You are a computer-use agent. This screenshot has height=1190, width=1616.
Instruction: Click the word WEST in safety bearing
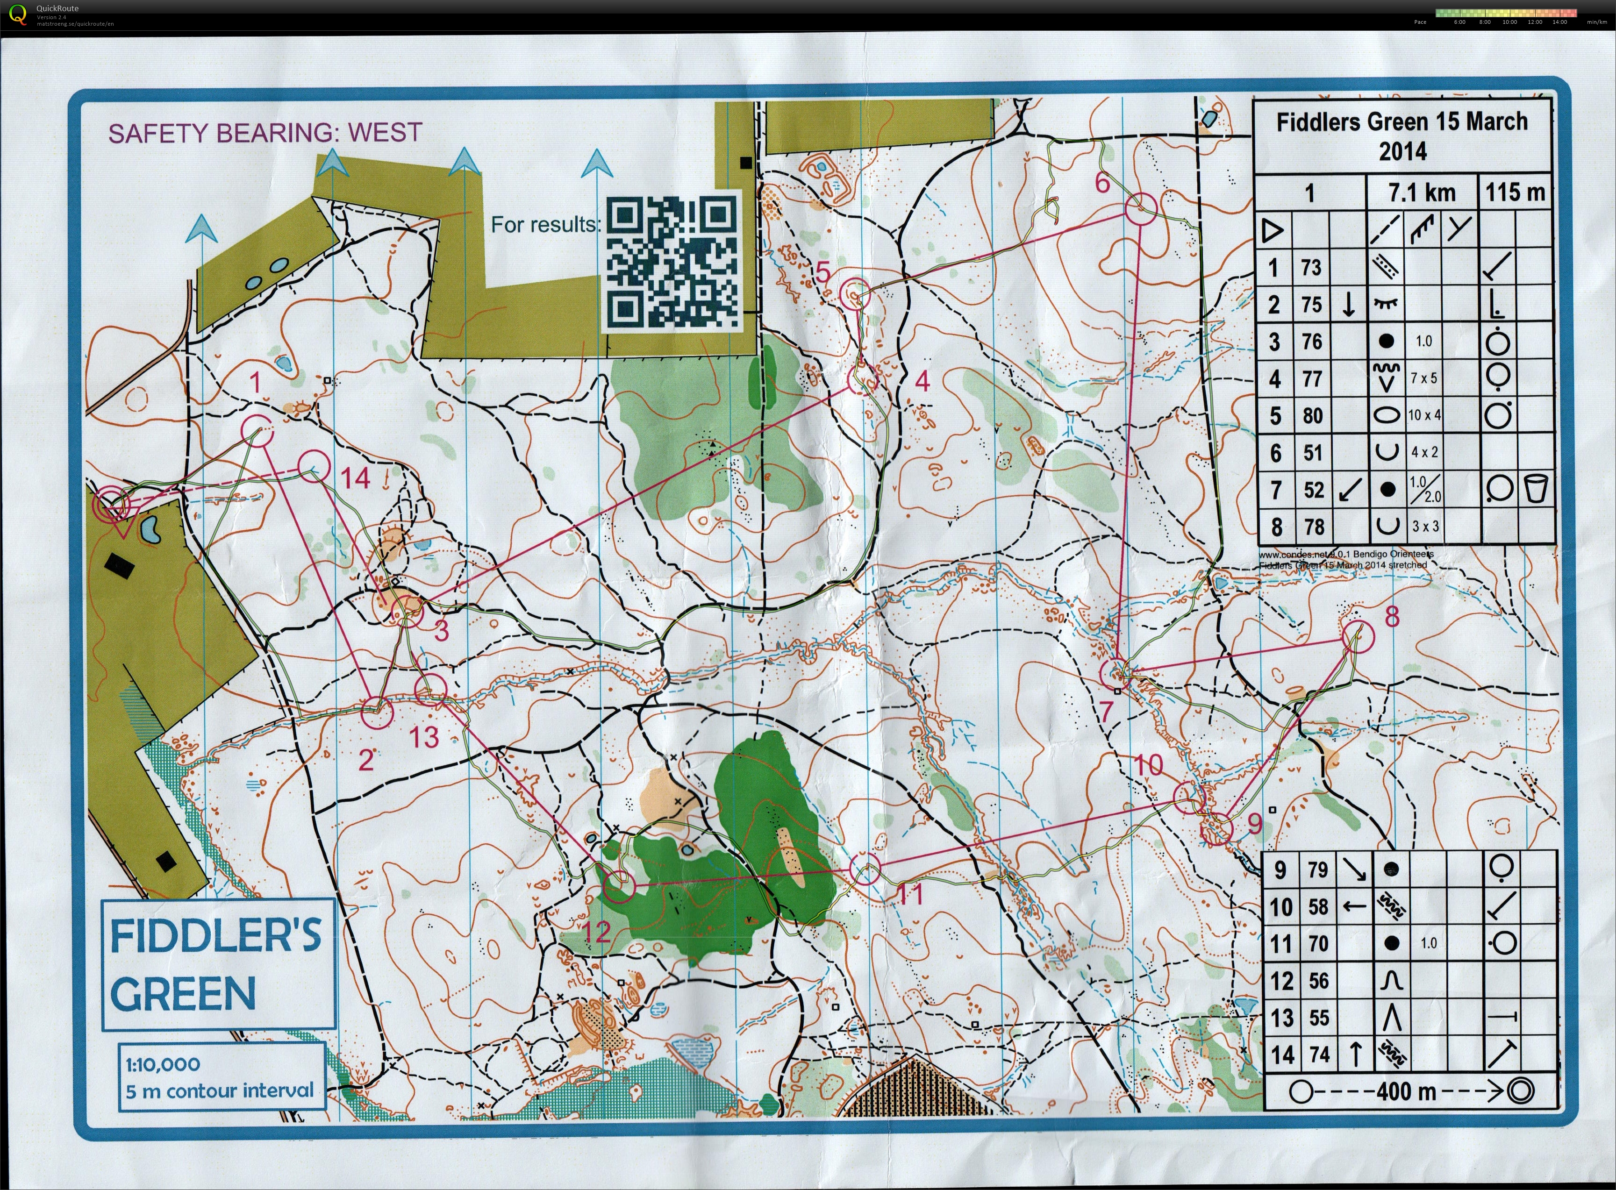(x=384, y=133)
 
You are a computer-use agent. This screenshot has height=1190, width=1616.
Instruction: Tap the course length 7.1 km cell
(x=1421, y=193)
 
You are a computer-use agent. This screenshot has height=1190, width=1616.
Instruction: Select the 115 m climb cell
(x=1515, y=192)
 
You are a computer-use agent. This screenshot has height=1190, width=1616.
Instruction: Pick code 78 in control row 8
(x=1314, y=527)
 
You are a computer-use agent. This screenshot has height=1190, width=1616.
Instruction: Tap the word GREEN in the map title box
(x=183, y=994)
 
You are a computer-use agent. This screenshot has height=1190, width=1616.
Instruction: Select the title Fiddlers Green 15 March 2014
(x=1401, y=136)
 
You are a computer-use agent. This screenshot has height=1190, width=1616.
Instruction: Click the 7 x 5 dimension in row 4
(x=1423, y=378)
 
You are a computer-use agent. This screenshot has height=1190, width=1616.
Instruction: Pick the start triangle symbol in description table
(x=1273, y=230)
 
